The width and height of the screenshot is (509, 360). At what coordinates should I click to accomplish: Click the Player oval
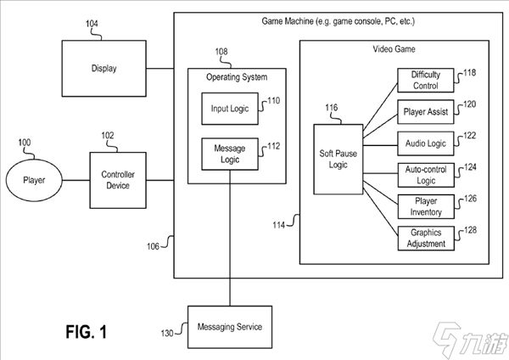click(34, 180)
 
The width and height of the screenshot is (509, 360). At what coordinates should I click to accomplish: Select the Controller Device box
click(119, 180)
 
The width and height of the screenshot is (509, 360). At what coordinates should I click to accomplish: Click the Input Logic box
click(229, 109)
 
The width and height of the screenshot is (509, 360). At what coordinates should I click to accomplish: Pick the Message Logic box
click(229, 153)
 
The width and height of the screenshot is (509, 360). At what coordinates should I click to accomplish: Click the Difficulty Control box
click(426, 81)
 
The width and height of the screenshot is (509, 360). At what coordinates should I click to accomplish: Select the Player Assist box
click(426, 110)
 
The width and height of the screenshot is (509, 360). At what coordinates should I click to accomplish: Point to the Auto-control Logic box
click(426, 176)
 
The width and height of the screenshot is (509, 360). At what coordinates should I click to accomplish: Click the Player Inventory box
click(426, 206)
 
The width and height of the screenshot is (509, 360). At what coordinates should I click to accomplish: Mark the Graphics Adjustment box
click(426, 239)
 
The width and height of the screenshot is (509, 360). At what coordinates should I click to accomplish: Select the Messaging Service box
click(229, 327)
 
